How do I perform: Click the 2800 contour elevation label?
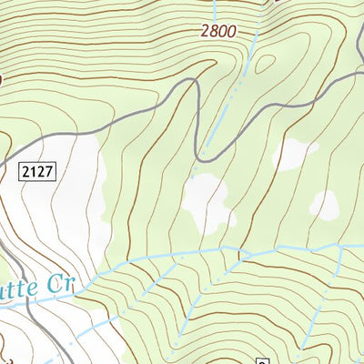tap(217, 31)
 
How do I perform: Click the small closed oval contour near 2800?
tap(266, 65)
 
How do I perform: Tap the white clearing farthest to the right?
tap(324, 206)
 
